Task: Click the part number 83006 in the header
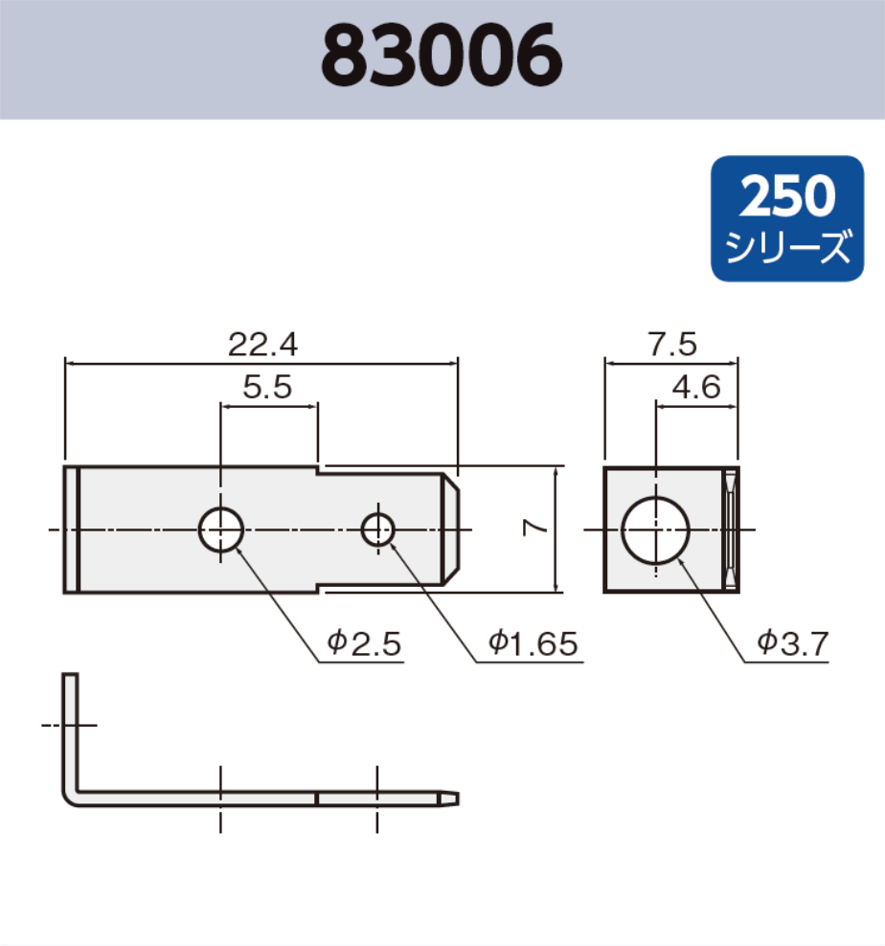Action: pos(442,57)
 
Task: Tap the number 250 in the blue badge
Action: pos(788,196)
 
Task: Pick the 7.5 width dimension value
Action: pos(671,344)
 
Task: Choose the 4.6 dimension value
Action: pos(696,387)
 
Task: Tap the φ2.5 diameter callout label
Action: pos(363,644)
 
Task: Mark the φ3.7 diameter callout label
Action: pos(791,644)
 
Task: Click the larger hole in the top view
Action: pos(221,529)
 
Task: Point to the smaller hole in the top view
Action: pos(378,529)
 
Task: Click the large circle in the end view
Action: pos(656,529)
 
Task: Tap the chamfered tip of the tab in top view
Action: pos(454,529)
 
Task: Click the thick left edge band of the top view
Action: pos(71,529)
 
